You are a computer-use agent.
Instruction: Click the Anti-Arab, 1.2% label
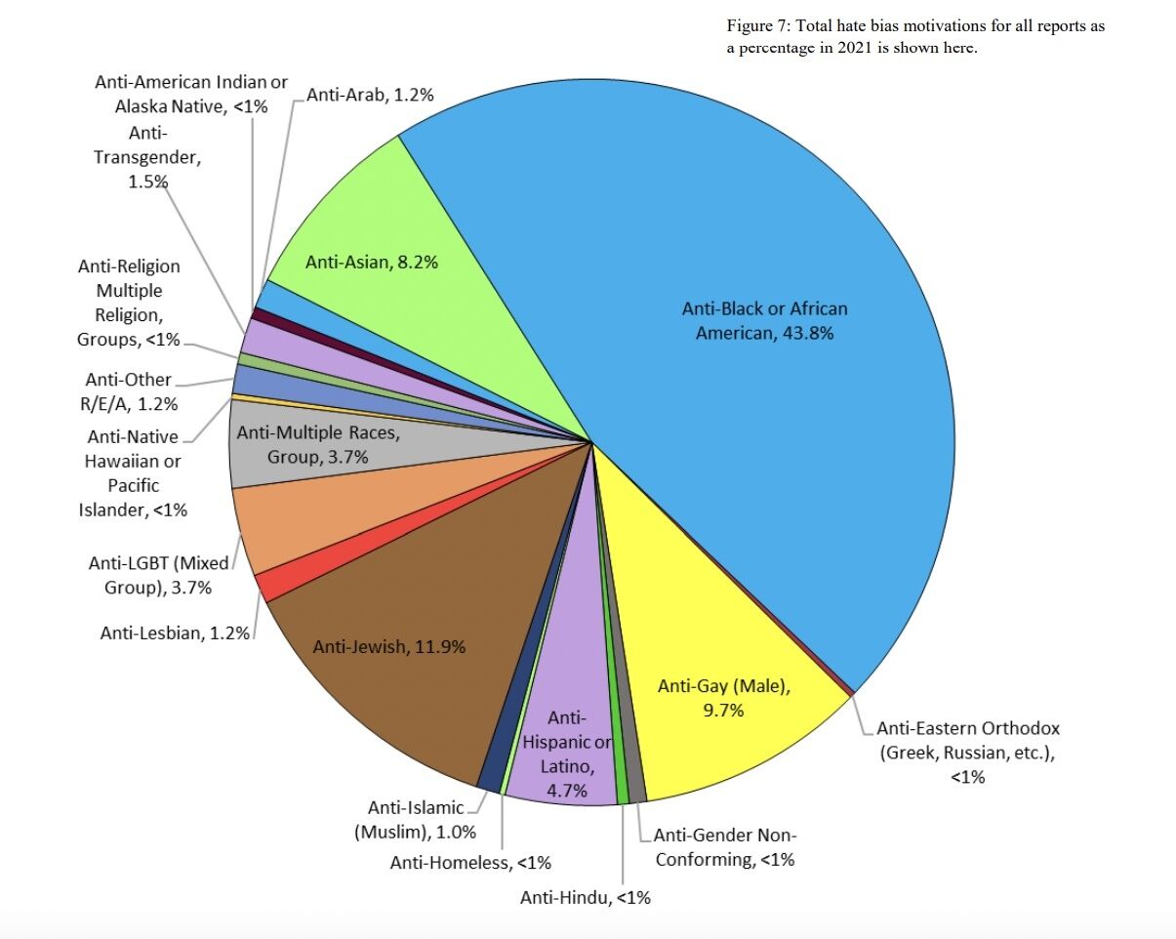[370, 95]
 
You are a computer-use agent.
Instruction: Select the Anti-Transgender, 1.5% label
[147, 156]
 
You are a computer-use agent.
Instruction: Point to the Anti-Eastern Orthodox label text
[967, 753]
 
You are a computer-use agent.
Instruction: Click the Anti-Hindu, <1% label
[585, 898]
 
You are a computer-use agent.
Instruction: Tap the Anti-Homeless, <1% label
[470, 863]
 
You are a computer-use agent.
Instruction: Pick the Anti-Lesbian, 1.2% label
[176, 633]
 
